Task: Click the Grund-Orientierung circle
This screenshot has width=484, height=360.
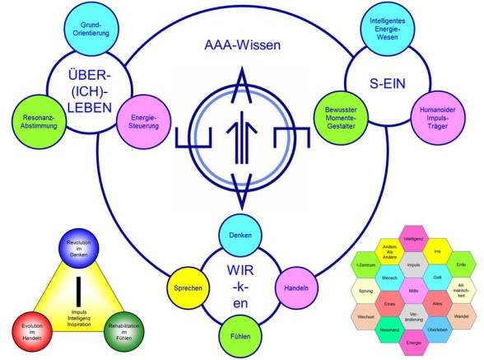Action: (83, 31)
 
